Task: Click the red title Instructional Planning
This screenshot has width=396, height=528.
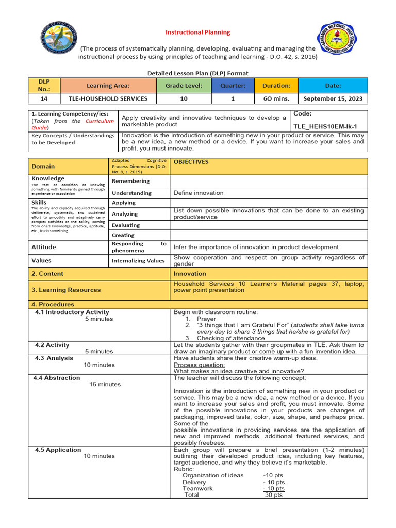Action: [197, 32]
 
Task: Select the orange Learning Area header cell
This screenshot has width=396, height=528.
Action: [108, 85]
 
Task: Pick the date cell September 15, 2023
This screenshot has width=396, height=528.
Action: [333, 98]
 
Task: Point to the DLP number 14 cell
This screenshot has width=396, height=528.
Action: [44, 98]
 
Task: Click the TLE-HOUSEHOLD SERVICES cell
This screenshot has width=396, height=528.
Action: [108, 98]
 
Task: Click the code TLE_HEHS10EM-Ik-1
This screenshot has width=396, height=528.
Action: [325, 126]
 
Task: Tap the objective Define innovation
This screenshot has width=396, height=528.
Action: [199, 193]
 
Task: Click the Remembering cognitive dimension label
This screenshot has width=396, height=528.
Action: [131, 181]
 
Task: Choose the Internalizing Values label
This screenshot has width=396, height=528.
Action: [138, 261]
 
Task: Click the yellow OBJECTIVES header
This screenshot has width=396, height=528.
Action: [191, 162]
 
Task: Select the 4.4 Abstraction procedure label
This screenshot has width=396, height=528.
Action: [57, 378]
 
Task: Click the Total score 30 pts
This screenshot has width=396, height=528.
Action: [273, 494]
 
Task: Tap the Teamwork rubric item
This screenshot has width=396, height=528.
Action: [197, 488]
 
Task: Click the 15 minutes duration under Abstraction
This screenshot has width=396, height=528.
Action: [105, 384]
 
